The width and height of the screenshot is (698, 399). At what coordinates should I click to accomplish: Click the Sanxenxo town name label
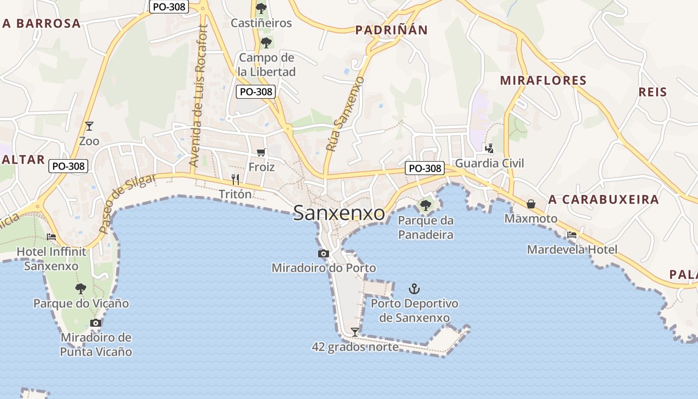coord(339,213)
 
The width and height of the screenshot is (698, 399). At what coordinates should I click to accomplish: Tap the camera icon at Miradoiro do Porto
coord(324,253)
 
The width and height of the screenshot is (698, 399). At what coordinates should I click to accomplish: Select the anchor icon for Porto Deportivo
coord(414,288)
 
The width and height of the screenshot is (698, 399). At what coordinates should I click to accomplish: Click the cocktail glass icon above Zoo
coord(89,126)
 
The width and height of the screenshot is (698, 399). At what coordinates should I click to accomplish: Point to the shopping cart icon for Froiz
coord(261,152)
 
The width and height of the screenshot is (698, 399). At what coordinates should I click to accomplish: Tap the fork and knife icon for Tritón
coord(236,179)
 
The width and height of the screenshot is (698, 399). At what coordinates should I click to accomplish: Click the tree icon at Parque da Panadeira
coord(425,205)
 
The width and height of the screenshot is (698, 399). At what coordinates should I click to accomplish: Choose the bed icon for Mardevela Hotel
coord(572,235)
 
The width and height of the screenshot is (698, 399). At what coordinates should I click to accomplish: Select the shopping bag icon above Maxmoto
coord(531,204)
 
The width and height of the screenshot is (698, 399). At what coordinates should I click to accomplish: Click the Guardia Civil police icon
coord(490,148)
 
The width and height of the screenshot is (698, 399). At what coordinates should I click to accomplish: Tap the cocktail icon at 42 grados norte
coord(354,332)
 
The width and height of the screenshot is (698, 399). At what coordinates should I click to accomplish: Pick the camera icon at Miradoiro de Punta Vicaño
coord(96,323)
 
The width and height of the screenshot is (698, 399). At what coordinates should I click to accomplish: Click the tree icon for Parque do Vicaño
coord(81,288)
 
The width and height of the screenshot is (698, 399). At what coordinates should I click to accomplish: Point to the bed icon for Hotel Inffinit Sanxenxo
coord(51,237)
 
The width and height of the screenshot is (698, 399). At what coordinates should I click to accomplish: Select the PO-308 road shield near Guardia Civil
coord(425,168)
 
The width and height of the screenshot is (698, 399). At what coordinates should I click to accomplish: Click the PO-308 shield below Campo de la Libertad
coord(256,92)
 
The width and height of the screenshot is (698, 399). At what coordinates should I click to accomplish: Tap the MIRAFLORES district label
coord(543,81)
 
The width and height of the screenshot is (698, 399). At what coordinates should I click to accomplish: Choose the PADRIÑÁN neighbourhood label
coord(391,30)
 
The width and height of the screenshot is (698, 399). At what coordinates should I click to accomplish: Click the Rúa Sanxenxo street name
coord(345,114)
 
